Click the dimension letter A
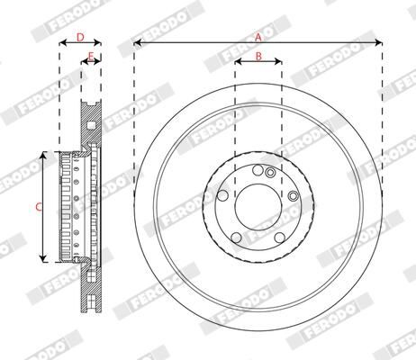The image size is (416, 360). point(258,36)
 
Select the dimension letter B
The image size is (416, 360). point(258,57)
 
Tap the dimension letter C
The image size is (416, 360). point(38,206)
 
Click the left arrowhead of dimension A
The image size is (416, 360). point(137,42)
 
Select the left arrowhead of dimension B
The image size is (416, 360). point(238,63)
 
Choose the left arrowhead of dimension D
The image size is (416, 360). point(62,42)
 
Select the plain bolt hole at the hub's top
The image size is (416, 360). point(258,170)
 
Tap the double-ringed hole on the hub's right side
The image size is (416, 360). point(293,195)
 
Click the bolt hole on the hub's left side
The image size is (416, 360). point(222,194)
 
